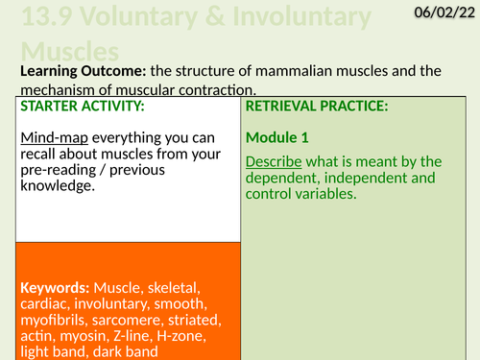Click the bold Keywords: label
[x=55, y=288]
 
